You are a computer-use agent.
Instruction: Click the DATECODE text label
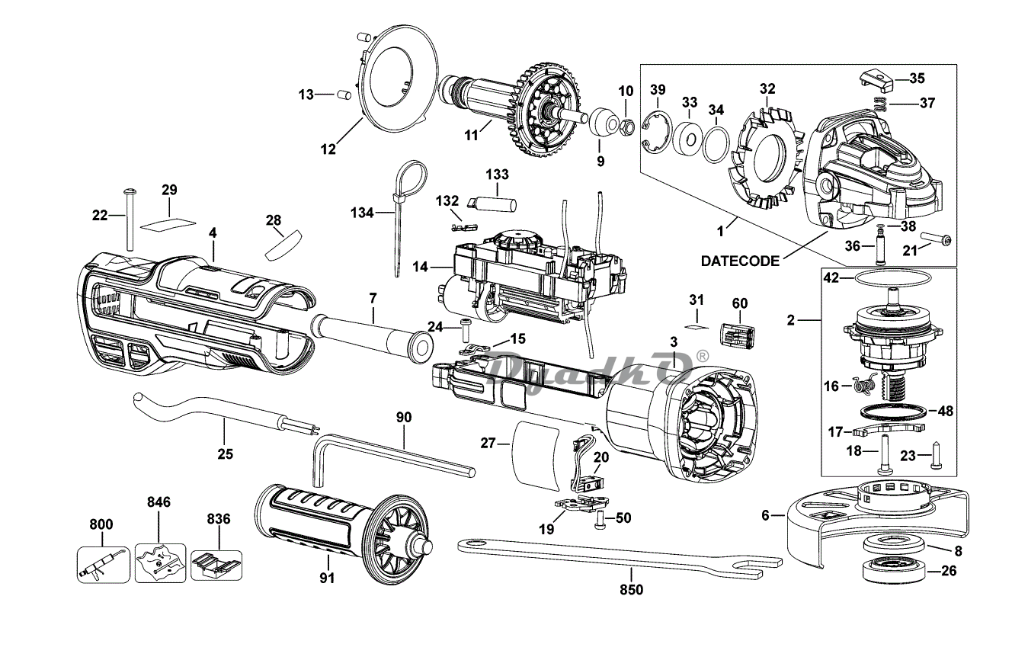(x=740, y=261)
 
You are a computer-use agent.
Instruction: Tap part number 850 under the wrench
(x=632, y=589)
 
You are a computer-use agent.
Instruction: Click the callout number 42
(x=831, y=279)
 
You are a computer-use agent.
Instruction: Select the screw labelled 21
(x=936, y=240)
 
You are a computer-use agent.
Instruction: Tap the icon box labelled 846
(x=160, y=563)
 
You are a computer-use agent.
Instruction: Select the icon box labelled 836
(x=216, y=566)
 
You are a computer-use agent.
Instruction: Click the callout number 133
(x=497, y=175)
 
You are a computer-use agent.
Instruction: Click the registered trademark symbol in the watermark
(x=703, y=356)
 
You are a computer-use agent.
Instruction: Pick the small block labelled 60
(x=738, y=335)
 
